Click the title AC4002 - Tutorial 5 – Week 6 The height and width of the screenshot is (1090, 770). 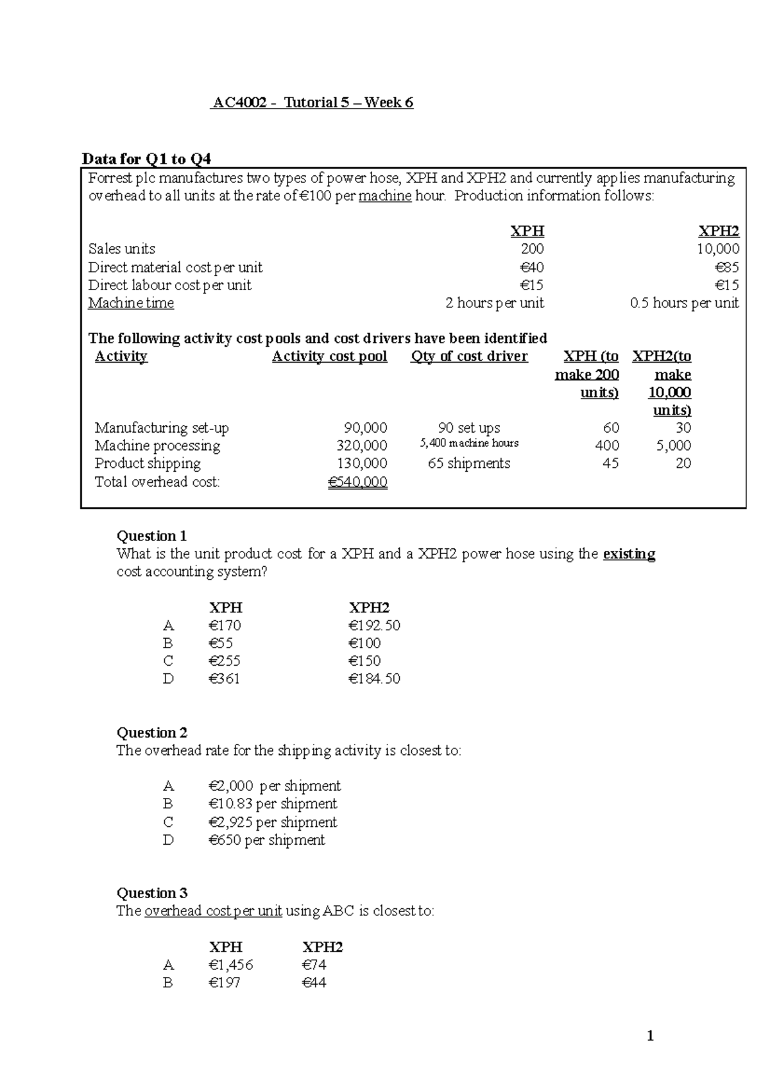pos(312,103)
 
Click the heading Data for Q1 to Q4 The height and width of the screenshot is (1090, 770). pos(146,159)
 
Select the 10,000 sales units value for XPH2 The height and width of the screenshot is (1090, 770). pos(718,249)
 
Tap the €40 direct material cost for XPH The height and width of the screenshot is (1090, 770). pos(531,267)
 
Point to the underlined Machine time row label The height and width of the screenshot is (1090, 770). pos(131,303)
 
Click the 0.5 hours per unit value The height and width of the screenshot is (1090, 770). pos(684,303)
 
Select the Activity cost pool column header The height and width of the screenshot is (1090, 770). pos(329,357)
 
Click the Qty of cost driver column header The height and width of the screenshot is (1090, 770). pos(469,357)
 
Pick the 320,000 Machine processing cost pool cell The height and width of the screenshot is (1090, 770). pos(362,446)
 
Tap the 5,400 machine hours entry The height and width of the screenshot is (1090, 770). pos(469,444)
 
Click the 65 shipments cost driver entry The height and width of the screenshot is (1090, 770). pos(469,463)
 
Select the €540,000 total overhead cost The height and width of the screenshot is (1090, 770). pos(357,482)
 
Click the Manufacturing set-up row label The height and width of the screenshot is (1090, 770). pos(162,428)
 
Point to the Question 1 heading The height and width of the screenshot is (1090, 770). pos(151,536)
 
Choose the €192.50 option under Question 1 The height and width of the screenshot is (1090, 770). pos(374,626)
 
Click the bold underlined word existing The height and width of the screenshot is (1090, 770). pos(629,554)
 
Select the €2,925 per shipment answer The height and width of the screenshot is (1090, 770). pos(273,822)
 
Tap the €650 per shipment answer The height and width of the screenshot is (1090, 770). pos(266,840)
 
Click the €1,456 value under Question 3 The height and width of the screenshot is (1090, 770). pos(231,965)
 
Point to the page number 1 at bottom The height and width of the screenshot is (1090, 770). pos(650,1035)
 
